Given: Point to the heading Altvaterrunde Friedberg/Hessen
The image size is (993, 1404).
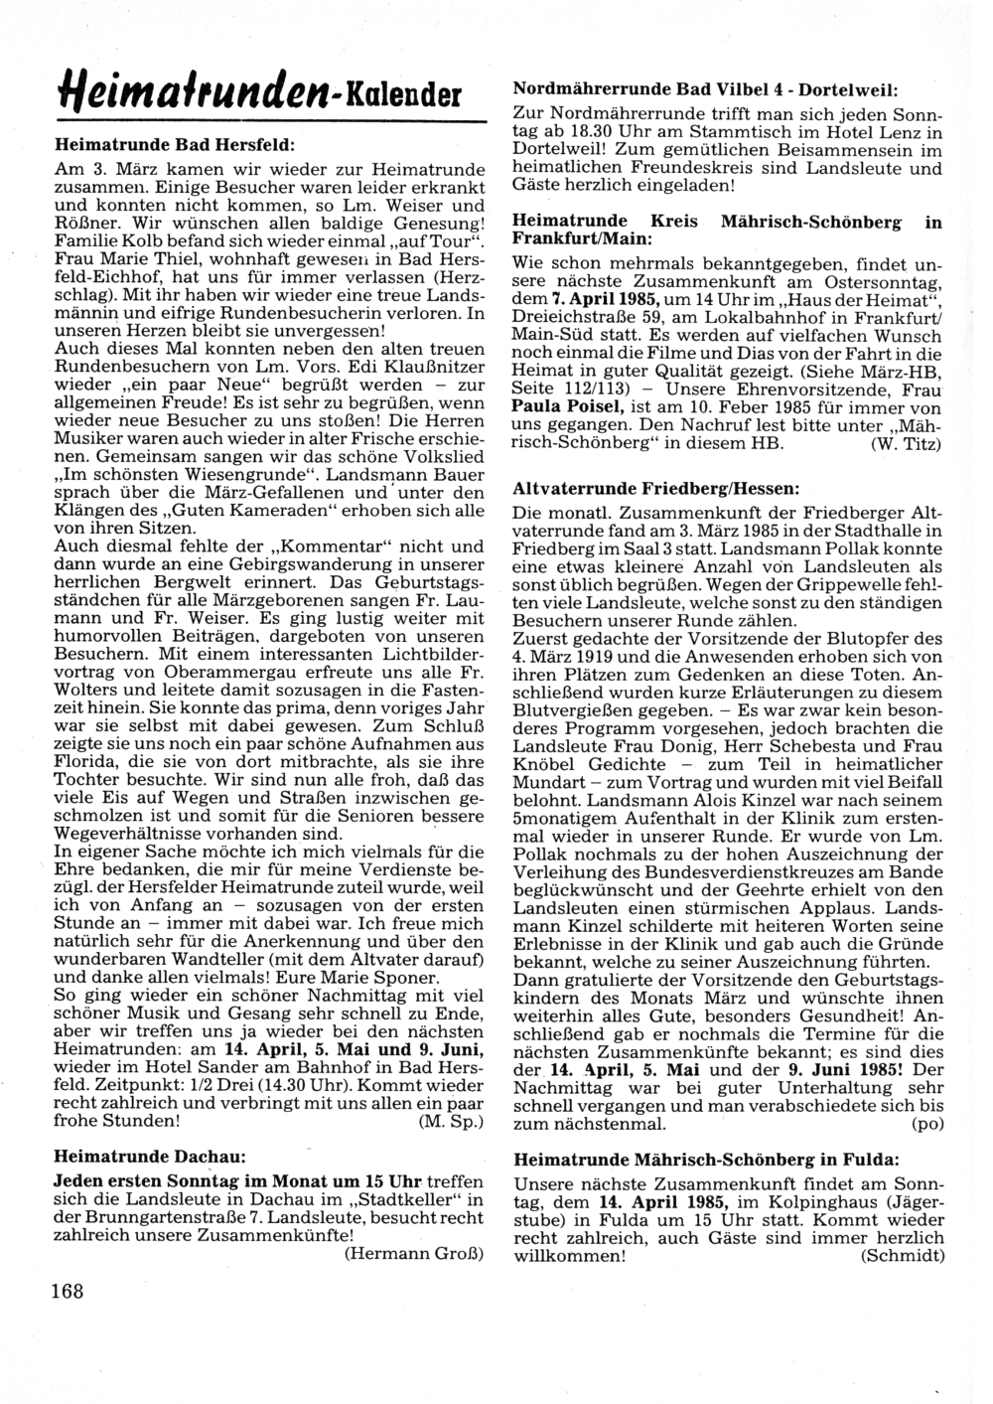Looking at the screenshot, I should tap(655, 489).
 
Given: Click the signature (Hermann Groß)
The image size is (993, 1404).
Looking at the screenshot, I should tap(413, 1254).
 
